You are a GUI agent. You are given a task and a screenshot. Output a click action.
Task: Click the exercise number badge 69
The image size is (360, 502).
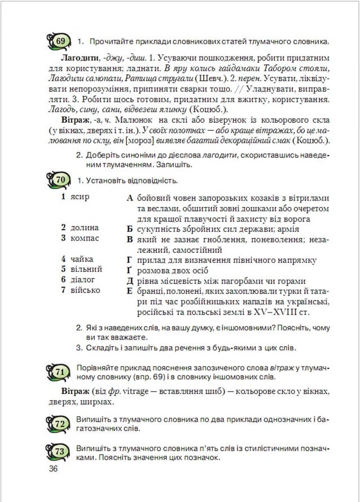click(x=61, y=41)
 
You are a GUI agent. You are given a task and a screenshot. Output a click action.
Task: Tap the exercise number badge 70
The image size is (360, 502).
click(x=61, y=180)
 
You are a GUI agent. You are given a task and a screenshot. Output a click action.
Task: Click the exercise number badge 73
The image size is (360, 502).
click(x=61, y=452)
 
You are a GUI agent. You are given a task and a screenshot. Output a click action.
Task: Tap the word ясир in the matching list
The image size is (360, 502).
click(x=80, y=198)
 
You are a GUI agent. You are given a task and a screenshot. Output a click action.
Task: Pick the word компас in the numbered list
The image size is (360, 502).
click(x=85, y=238)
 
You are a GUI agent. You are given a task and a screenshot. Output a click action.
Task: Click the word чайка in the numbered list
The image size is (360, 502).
click(x=82, y=259)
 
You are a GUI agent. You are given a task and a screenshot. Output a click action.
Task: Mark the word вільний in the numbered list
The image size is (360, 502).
click(x=86, y=269)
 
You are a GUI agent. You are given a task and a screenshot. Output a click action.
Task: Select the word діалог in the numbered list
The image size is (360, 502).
click(x=83, y=280)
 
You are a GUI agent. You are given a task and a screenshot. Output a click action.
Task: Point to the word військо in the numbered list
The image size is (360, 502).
click(x=85, y=290)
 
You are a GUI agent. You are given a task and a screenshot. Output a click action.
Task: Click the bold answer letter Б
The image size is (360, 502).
click(x=130, y=229)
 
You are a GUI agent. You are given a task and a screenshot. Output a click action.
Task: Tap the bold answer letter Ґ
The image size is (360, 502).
click(x=130, y=270)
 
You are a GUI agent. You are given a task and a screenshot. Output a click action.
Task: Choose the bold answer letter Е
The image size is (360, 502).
click(x=130, y=291)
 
